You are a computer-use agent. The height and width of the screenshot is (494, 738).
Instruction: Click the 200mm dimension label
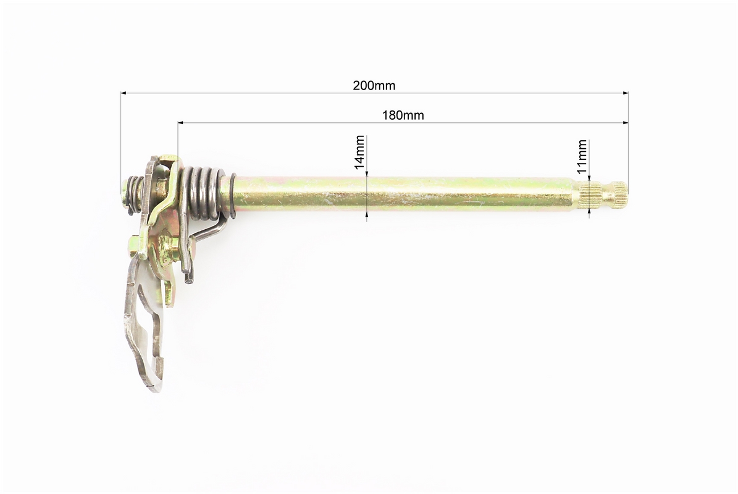click(x=374, y=86)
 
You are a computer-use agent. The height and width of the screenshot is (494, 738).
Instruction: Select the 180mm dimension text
click(x=403, y=115)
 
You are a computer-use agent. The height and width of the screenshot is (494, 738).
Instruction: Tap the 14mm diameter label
click(x=359, y=153)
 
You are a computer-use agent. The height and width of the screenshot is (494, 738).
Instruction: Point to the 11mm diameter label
click(x=582, y=157)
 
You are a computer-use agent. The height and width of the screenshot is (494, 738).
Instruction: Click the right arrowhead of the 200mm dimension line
click(x=626, y=93)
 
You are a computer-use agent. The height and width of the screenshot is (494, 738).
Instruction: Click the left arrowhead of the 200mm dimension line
click(x=124, y=93)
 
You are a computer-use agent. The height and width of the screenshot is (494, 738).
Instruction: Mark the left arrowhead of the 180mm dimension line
click(x=181, y=123)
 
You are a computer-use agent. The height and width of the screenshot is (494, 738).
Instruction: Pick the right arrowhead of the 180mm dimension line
click(x=626, y=123)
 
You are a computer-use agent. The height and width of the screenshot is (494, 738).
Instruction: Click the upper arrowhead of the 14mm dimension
click(x=367, y=174)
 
